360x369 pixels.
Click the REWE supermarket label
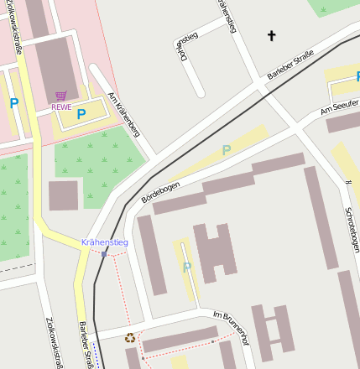[61, 107]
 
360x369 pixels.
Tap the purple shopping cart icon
[60, 96]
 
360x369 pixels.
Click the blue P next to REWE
[81, 113]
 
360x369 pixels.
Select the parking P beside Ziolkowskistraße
[13, 103]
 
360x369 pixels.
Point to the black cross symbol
[271, 35]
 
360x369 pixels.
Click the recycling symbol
[129, 338]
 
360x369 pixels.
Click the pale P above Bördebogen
[225, 150]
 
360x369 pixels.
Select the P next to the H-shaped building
[186, 268]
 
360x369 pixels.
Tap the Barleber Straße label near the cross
[290, 65]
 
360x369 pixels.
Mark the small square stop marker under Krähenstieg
[105, 253]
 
